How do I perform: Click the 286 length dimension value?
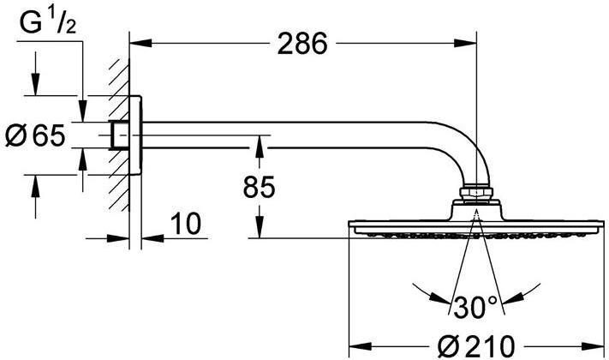coord(302,44)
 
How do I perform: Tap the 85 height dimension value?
coord(260,188)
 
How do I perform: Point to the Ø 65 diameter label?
coord(35,134)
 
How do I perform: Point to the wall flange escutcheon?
coord(137,135)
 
